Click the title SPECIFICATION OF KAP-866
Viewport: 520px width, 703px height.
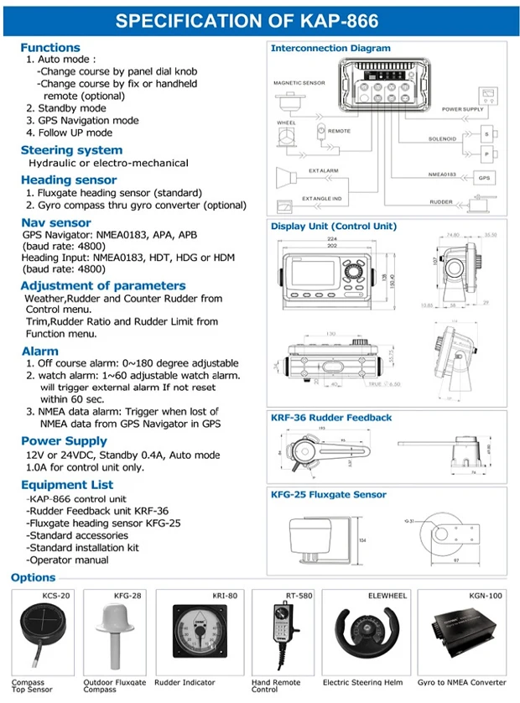pyautogui.click(x=259, y=21)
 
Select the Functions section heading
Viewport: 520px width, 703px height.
pyautogui.click(x=50, y=48)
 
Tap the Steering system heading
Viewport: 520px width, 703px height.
pyautogui.click(x=71, y=150)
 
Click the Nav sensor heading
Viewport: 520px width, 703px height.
pyautogui.click(x=56, y=222)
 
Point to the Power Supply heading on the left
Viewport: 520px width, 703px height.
pyautogui.click(x=64, y=440)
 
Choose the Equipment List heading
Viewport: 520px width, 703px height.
pyautogui.click(x=67, y=485)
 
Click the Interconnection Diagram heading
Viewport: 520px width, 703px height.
pyautogui.click(x=330, y=49)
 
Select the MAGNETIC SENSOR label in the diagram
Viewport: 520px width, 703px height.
pyautogui.click(x=298, y=83)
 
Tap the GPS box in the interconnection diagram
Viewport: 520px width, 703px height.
pyautogui.click(x=484, y=178)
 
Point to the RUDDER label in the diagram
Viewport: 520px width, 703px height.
pyautogui.click(x=441, y=202)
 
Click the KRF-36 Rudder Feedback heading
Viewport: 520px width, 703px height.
pyautogui.click(x=331, y=418)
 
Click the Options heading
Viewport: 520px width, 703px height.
pyautogui.click(x=34, y=577)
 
